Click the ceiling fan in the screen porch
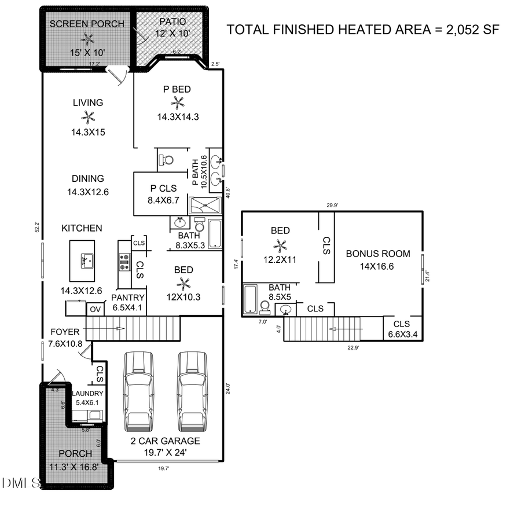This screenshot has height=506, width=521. point(88,39)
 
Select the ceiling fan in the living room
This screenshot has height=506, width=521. point(88,118)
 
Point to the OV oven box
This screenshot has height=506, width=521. point(94,310)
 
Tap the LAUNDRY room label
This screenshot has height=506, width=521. point(87,394)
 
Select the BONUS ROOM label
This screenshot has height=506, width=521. point(377,254)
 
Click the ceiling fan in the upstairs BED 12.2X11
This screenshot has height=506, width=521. point(280,245)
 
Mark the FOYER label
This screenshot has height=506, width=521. point(64,332)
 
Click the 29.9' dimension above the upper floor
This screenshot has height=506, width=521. point(332,205)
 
